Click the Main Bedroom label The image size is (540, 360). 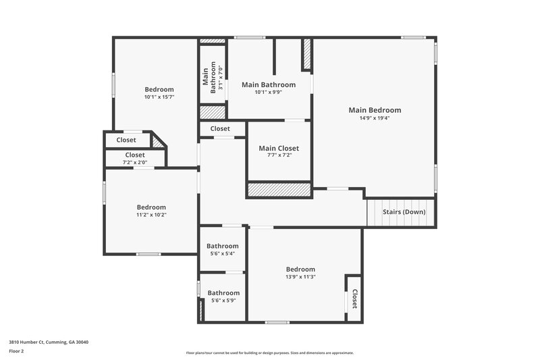tap(375, 110)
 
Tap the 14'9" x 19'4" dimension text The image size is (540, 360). tap(375, 118)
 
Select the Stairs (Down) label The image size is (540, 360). tap(404, 212)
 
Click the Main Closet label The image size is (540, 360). tap(279, 149)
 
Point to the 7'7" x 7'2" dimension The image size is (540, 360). tap(279, 156)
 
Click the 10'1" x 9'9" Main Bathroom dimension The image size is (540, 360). tap(269, 93)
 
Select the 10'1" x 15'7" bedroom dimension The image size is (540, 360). tap(159, 97)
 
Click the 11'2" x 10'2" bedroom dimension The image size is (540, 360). tap(151, 215)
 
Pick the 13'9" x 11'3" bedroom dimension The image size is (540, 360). tap(300, 276)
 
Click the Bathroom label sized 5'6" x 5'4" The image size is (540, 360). tap(223, 246)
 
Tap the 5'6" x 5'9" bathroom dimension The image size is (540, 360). tap(223, 301)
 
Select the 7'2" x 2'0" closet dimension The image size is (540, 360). tap(135, 163)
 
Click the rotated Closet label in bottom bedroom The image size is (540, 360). tap(354, 298)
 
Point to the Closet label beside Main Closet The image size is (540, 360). tap(220, 128)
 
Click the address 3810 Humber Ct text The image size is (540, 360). tap(49, 342)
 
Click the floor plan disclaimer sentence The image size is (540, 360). tap(269, 353)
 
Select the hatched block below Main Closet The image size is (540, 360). tap(279, 190)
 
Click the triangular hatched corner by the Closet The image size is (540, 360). tap(159, 142)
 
